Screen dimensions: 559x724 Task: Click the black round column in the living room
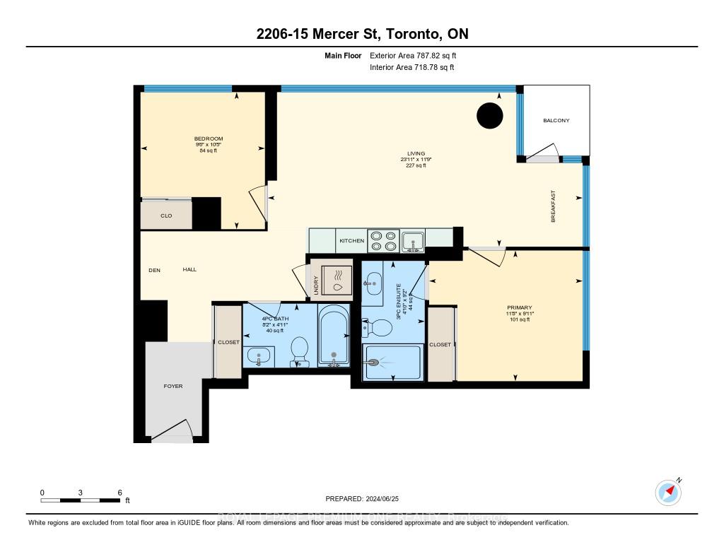489,116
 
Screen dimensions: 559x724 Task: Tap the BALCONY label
556,121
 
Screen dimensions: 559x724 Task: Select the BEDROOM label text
209,139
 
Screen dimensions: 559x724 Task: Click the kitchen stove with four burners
383,240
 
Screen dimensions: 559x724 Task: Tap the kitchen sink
413,241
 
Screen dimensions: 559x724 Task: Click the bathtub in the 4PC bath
332,336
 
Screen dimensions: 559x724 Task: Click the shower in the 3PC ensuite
392,362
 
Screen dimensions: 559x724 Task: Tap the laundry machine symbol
336,281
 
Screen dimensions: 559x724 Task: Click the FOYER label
173,387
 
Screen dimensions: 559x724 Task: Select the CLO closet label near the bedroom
166,216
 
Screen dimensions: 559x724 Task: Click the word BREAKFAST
554,206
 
